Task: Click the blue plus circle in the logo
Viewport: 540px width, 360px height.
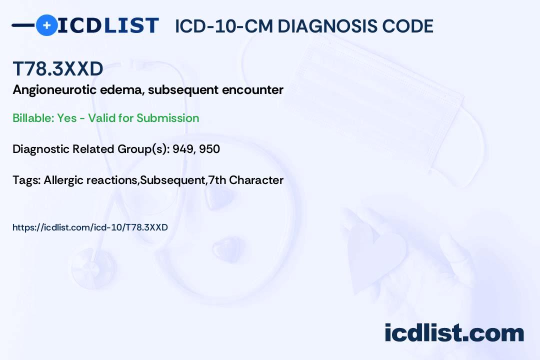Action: [46, 25]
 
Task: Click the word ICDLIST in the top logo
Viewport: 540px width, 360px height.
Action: [108, 25]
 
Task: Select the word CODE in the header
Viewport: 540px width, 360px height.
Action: [408, 26]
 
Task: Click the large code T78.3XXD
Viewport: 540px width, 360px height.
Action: [58, 69]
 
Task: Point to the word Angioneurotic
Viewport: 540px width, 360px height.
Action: [54, 90]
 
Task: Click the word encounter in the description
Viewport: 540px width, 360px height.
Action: [253, 90]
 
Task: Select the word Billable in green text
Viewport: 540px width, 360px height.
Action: [33, 118]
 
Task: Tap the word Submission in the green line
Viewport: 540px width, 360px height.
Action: [167, 118]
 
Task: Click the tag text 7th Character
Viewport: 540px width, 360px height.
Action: [246, 180]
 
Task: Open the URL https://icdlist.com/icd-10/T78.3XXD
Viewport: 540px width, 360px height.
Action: [90, 227]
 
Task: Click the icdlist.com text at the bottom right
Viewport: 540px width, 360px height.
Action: [454, 332]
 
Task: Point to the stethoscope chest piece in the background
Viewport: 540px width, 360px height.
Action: [92, 268]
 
